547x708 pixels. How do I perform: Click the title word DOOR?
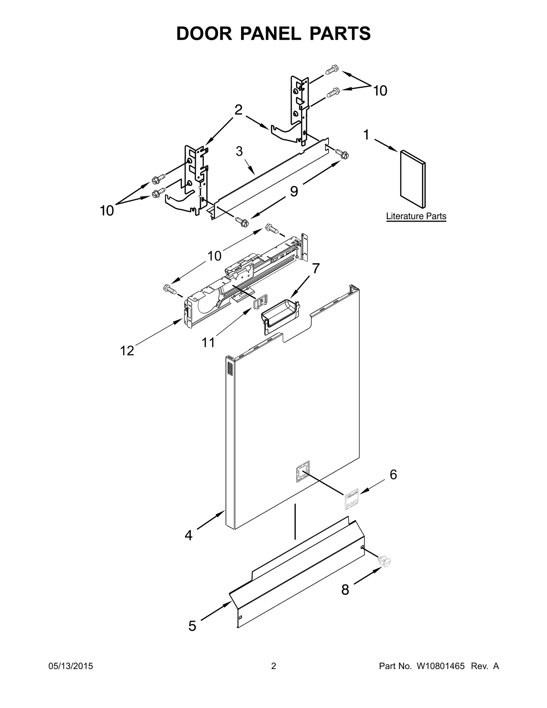[204, 34]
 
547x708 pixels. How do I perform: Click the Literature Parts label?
[416, 216]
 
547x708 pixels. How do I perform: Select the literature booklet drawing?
[413, 179]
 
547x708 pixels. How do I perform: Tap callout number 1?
[366, 135]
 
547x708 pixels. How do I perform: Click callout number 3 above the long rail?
[239, 151]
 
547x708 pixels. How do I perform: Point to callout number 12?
[127, 350]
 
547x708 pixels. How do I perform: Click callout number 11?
[208, 342]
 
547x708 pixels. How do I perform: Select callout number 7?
[316, 269]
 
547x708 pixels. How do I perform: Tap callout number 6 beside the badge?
[393, 475]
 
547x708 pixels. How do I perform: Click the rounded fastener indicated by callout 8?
[385, 561]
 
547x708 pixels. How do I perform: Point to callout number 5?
[192, 626]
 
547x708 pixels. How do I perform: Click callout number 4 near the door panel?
[188, 535]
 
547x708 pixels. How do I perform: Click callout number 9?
[294, 191]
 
